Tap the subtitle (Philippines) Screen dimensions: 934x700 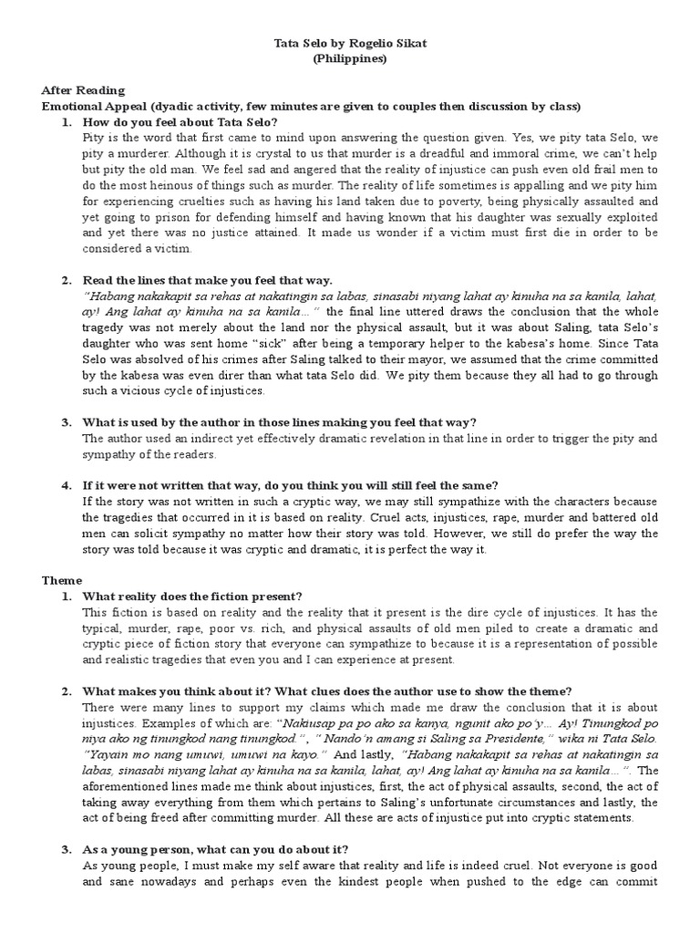pos(349,58)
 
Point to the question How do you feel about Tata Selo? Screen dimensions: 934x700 pos(179,122)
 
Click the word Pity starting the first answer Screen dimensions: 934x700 pos(95,137)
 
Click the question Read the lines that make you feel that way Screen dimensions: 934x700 pos(206,279)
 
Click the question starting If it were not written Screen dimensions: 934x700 pos(290,483)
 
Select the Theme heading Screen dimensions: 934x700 pos(62,579)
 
